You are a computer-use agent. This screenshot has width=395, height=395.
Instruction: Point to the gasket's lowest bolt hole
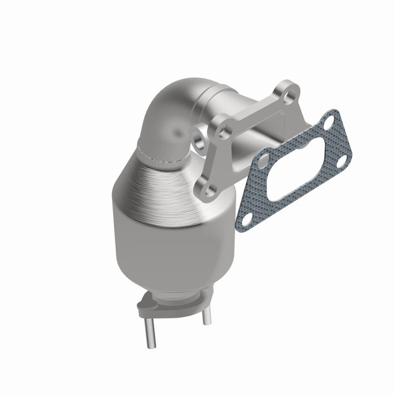point(247,218)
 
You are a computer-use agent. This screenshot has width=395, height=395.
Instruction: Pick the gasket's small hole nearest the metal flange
point(264,162)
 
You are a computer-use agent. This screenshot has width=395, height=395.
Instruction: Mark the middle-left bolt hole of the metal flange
point(222,131)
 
